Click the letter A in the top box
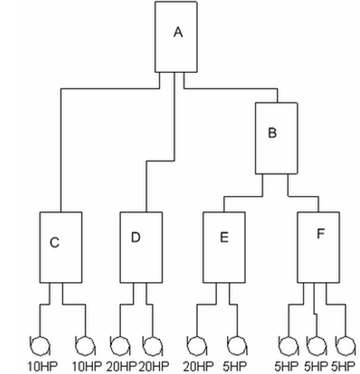point(178,32)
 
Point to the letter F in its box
point(321,233)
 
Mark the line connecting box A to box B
point(231,89)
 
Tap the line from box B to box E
point(243,197)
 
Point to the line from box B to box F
point(303,197)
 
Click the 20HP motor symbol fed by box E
point(197,346)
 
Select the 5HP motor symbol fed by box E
point(237,346)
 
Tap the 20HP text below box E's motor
point(198,367)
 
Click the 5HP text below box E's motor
point(234,367)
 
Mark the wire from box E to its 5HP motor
point(234,304)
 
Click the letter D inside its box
point(135,237)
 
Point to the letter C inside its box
point(54,242)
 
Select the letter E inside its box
point(224,237)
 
